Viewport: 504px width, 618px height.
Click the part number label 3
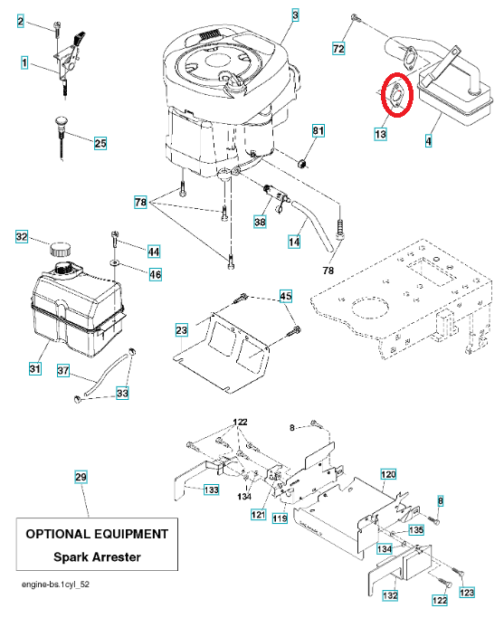295,15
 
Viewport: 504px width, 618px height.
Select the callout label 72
338,49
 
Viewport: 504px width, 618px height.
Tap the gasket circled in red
396,95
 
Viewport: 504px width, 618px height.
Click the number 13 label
380,135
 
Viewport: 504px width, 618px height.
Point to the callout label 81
318,130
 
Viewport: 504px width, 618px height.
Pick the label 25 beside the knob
100,143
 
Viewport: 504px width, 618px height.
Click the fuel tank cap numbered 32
61,249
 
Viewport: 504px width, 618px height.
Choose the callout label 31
35,368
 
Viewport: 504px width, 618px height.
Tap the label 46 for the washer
156,274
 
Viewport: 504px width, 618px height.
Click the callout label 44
154,252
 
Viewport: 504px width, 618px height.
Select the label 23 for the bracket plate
181,330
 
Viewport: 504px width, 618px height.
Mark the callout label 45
286,296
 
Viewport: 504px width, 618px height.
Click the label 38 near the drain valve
260,222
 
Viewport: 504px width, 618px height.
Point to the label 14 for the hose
294,242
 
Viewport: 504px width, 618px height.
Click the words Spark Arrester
97,556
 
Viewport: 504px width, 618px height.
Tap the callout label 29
81,477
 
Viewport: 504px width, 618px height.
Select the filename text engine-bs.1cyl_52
55,585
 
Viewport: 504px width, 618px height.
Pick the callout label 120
388,474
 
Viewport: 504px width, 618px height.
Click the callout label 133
211,490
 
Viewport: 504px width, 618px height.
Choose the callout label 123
467,593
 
